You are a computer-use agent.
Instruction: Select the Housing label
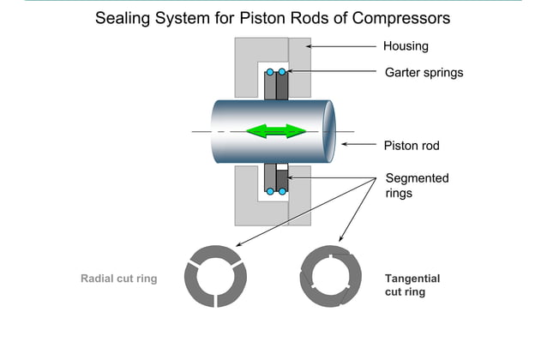(x=406, y=46)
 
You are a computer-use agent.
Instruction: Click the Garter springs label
(x=424, y=73)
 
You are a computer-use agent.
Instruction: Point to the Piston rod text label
(x=411, y=146)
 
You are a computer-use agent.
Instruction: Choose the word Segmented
(x=418, y=178)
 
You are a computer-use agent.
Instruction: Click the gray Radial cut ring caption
(x=118, y=279)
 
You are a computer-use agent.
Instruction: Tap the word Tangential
(x=412, y=279)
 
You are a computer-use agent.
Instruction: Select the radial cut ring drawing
(x=216, y=276)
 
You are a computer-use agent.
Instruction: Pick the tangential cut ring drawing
(x=330, y=278)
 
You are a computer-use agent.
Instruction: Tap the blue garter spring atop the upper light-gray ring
(x=270, y=71)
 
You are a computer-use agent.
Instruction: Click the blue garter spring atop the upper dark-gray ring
(x=282, y=71)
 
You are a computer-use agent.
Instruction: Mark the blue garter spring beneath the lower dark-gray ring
(x=282, y=191)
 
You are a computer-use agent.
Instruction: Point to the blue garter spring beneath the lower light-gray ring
(x=270, y=191)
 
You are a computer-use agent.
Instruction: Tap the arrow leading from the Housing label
(x=343, y=46)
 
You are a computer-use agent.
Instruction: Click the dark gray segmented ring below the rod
(x=282, y=177)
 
